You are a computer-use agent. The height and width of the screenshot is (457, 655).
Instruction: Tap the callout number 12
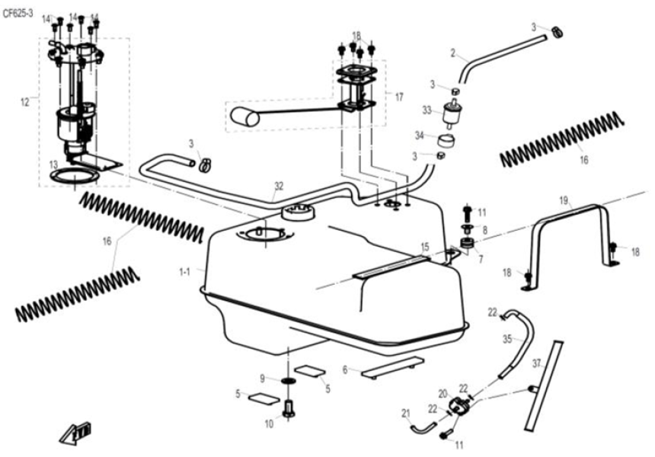[x=24, y=100]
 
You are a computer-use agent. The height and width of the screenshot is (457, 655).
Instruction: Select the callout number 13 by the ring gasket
[x=53, y=164]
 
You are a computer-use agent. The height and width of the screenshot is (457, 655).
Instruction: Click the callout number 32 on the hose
[x=278, y=185]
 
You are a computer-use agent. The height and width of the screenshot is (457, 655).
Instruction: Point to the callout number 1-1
[x=184, y=271]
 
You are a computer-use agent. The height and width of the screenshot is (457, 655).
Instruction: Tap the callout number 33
[x=427, y=110]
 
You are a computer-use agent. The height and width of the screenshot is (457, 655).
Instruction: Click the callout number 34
[x=419, y=136]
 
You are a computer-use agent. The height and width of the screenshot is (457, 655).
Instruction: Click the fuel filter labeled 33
[x=453, y=115]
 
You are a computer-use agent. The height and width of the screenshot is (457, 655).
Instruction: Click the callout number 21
[x=406, y=414]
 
